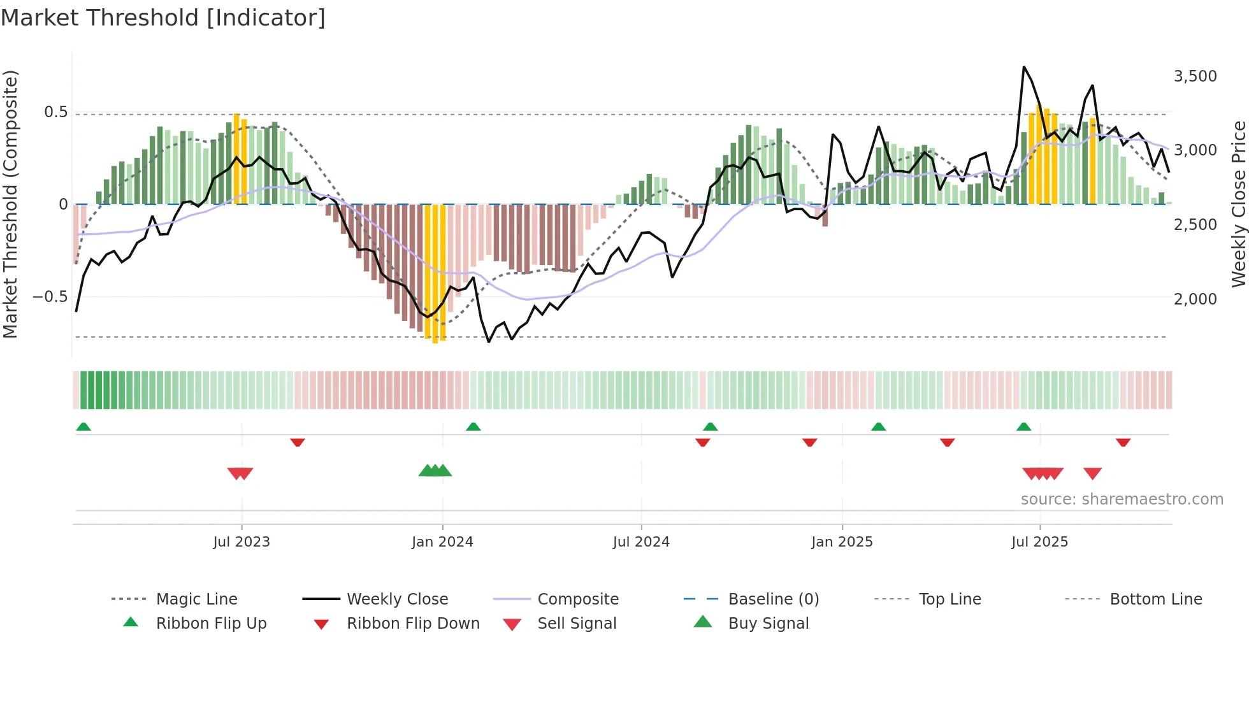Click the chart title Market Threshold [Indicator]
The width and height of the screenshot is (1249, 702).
163,18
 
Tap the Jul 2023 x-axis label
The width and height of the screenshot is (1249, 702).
242,542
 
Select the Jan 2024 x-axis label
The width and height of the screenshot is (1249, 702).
442,542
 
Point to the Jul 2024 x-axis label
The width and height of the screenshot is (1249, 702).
641,542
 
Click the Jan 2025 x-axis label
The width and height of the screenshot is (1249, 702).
842,542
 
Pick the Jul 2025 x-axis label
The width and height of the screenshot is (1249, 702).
1039,542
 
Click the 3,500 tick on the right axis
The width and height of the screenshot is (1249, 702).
1195,76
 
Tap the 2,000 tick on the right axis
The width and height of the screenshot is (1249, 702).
1195,299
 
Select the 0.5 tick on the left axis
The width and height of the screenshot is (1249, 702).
55,112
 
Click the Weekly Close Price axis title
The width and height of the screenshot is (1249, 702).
1238,204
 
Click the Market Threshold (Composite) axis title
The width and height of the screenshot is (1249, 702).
10,204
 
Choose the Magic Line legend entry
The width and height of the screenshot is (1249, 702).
196,599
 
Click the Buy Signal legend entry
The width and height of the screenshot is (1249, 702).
768,624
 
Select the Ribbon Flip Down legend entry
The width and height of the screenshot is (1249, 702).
412,624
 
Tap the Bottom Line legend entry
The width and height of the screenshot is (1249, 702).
1155,599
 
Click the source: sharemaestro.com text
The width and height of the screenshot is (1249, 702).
1122,499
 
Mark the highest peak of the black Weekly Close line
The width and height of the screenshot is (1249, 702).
1024,67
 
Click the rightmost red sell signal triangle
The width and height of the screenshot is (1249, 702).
1092,473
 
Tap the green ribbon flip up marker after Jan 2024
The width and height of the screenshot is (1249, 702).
473,427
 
